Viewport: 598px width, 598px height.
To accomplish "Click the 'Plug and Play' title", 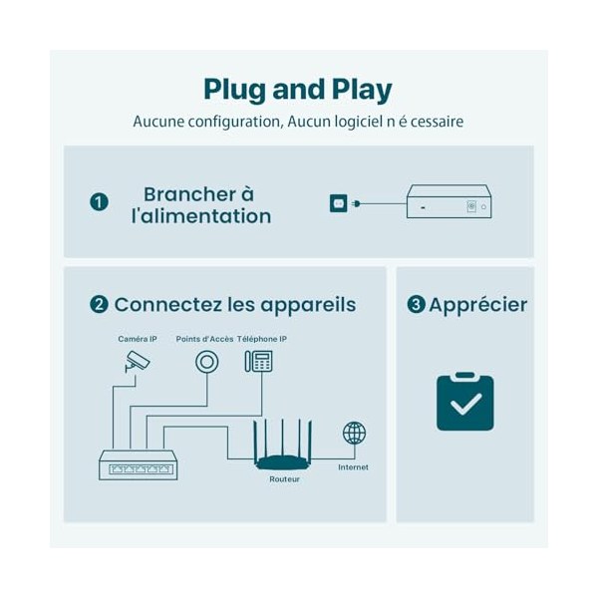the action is [x=298, y=90].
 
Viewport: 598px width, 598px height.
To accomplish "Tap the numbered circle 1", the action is [x=99, y=202].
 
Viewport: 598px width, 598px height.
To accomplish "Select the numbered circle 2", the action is [x=99, y=305].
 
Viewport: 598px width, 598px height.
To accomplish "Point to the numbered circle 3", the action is [x=416, y=305].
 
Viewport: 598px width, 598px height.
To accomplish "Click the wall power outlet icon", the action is [x=339, y=203].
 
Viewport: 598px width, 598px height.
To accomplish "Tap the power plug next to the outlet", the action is [x=356, y=203].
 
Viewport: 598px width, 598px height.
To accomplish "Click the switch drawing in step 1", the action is [x=449, y=201].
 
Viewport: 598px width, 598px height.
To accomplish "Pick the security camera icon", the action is [x=138, y=361].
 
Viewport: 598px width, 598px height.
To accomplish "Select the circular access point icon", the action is [x=207, y=362].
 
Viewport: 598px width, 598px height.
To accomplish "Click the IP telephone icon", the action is [x=258, y=361].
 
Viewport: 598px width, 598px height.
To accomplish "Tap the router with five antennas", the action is [x=283, y=445].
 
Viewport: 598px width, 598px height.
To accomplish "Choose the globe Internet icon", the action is [x=354, y=433].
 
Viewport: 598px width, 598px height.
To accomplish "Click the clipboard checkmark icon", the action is [x=465, y=402].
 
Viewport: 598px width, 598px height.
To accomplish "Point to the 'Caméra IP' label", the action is [x=138, y=339].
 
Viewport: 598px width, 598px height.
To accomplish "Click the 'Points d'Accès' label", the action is [x=204, y=339].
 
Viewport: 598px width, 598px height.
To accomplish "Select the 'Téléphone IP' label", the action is [x=262, y=339].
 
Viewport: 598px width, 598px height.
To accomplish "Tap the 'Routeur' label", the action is [x=284, y=479].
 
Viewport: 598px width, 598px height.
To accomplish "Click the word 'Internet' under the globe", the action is [x=353, y=467].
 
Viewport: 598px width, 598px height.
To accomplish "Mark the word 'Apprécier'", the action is [x=478, y=305].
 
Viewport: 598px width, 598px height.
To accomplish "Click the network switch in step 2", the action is [x=139, y=464].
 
